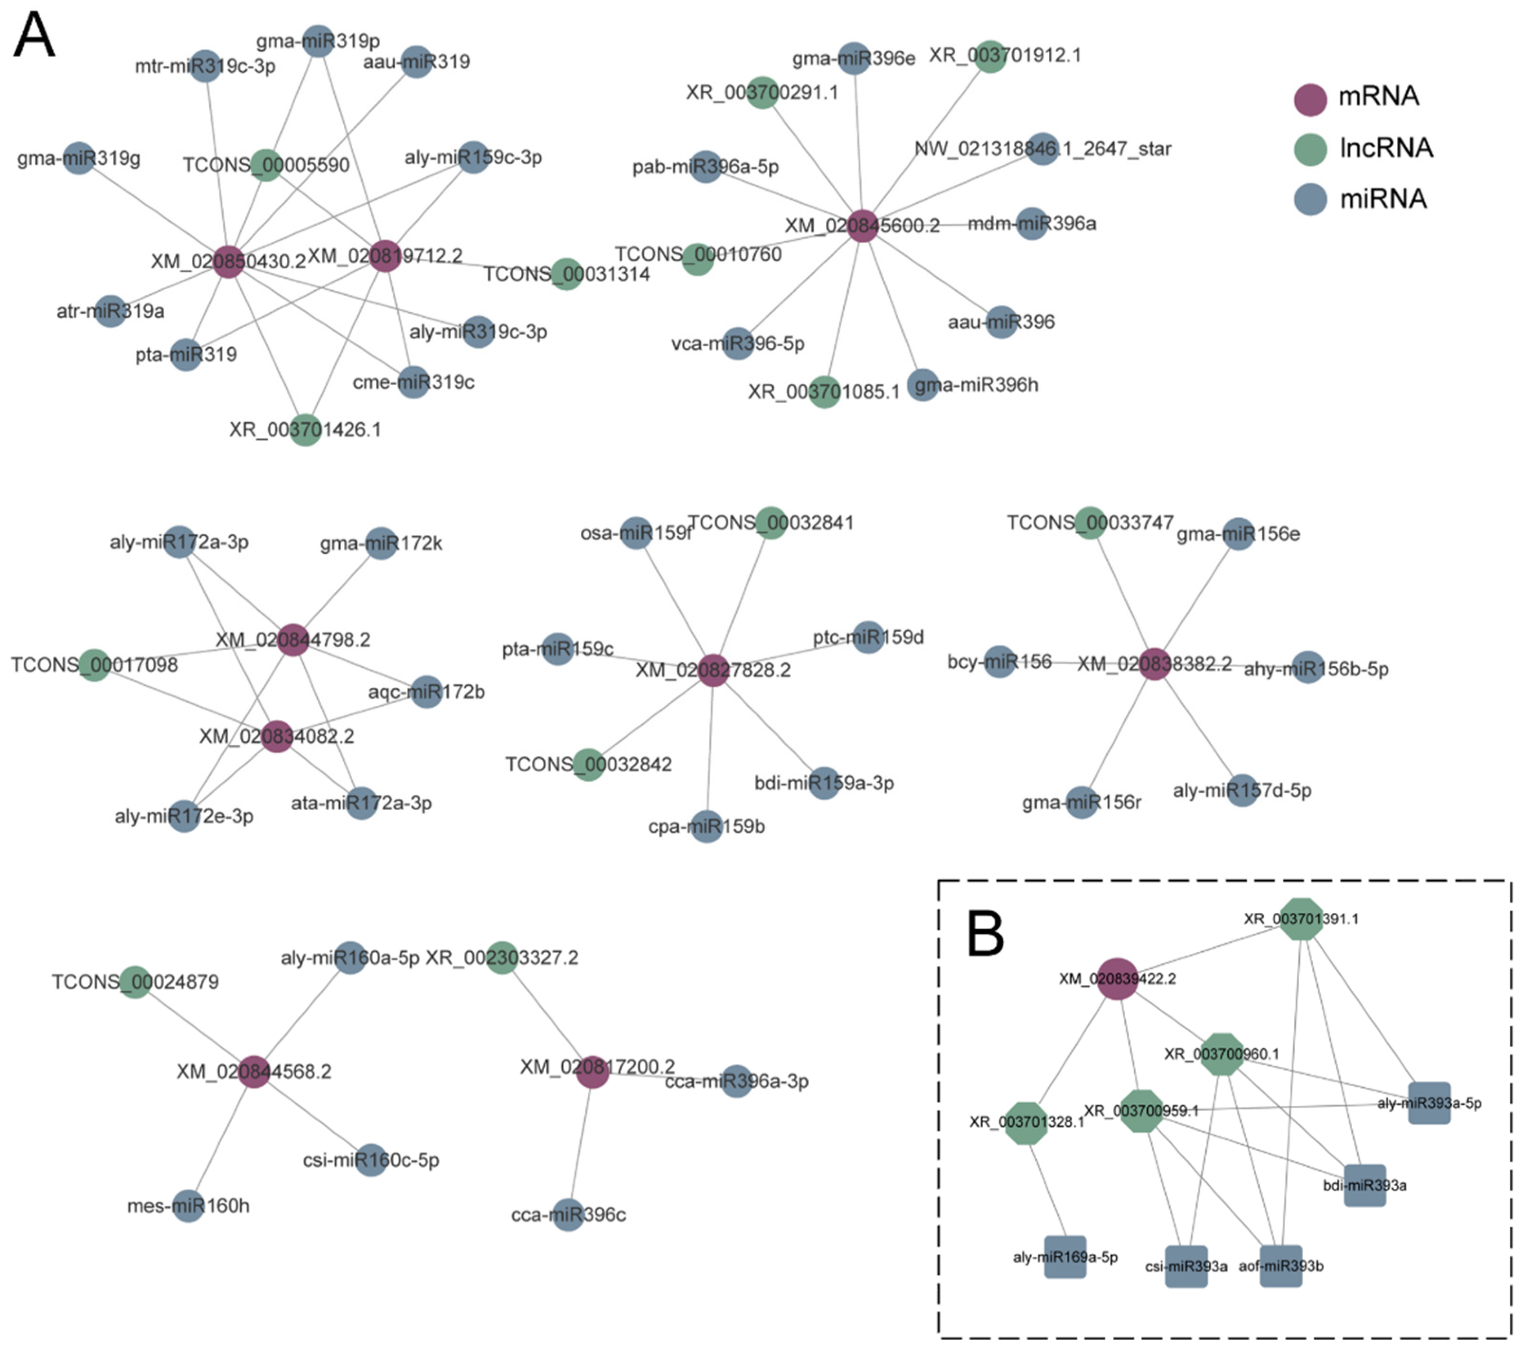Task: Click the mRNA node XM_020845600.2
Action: coord(863,225)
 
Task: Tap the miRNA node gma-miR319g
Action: coord(78,158)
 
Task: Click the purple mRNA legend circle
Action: coord(1310,99)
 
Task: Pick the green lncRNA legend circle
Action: coord(1310,149)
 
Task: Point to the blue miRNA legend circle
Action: coord(1310,199)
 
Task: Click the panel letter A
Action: coord(34,35)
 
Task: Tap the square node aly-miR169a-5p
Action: coord(1065,1257)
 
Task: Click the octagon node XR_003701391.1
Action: coord(1301,919)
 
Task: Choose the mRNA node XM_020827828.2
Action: coord(713,670)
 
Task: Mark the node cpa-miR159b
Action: coord(707,826)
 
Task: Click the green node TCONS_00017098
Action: coord(94,664)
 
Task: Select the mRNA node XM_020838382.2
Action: coord(1154,663)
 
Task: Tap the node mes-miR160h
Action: coord(188,1206)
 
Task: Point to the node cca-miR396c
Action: coord(568,1215)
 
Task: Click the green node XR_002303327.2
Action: coord(502,957)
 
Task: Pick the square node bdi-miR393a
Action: coord(1364,1185)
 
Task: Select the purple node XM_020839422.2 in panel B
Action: coord(1117,978)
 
